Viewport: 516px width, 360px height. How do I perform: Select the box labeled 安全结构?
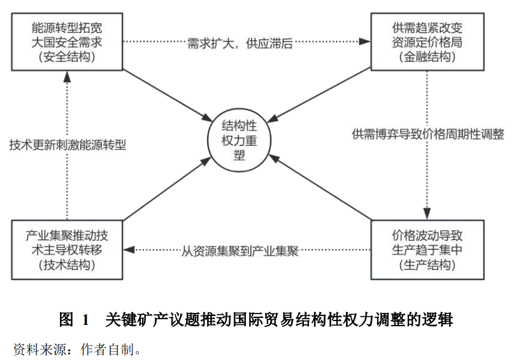(x=67, y=42)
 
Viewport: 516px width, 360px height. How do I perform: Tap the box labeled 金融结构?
(x=427, y=42)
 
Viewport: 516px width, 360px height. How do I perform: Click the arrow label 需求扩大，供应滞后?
(x=240, y=43)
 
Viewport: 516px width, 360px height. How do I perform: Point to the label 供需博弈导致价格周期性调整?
(x=427, y=134)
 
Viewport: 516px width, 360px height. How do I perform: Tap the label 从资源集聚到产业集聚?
(x=240, y=251)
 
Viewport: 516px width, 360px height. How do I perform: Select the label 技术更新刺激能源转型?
(x=68, y=145)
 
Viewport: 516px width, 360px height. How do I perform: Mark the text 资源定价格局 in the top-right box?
(x=427, y=43)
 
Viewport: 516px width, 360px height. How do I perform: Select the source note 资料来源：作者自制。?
(x=77, y=349)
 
